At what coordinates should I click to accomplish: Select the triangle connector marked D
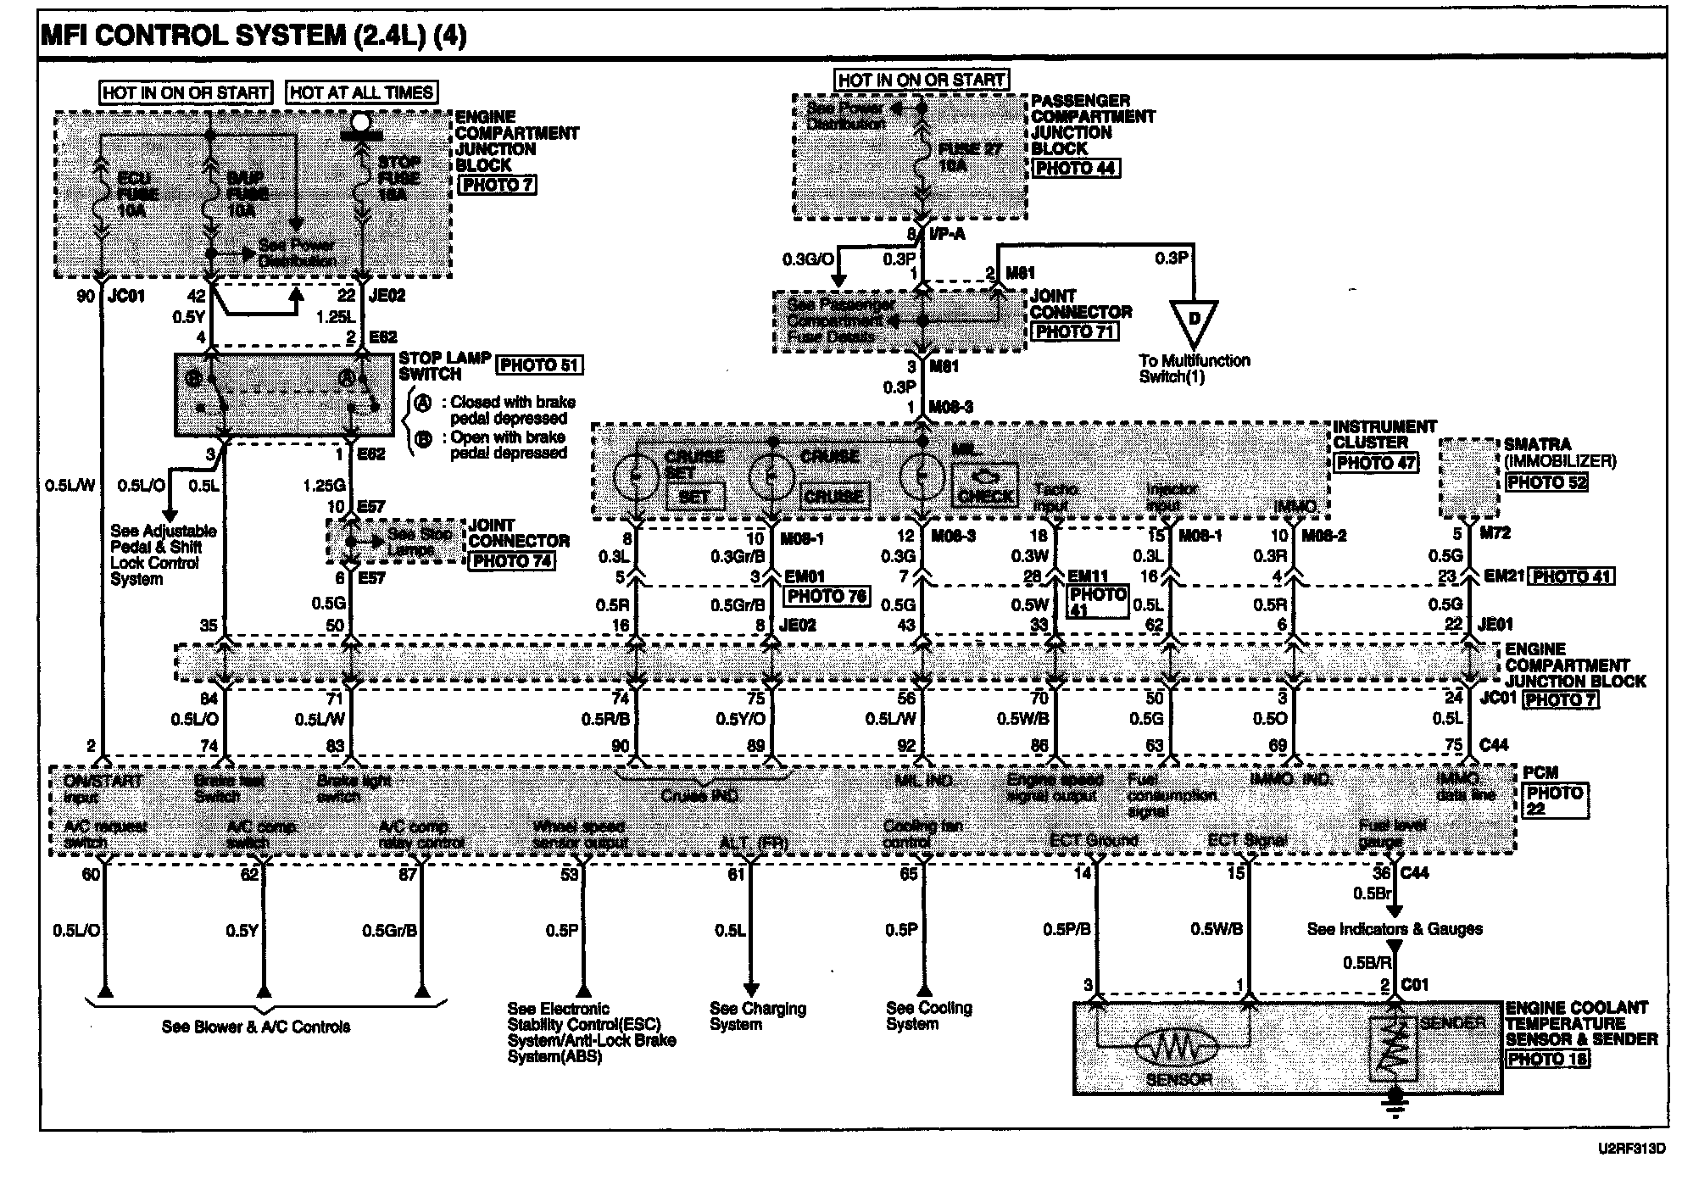pyautogui.click(x=1194, y=320)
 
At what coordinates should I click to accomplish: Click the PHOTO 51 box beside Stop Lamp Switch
pyautogui.click(x=540, y=365)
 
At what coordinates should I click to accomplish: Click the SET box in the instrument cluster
pyautogui.click(x=693, y=496)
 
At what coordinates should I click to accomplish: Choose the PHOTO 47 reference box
pyautogui.click(x=1376, y=463)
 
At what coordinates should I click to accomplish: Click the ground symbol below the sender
pyautogui.click(x=1393, y=1103)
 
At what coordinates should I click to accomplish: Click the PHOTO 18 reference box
pyautogui.click(x=1548, y=1059)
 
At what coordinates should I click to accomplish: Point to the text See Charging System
pyautogui.click(x=757, y=1016)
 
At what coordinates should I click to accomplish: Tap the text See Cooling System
pyautogui.click(x=928, y=1016)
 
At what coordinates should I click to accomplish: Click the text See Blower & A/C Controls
pyautogui.click(x=256, y=1027)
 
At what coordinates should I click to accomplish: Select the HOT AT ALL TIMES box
pyautogui.click(x=362, y=92)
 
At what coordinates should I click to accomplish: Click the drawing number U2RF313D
pyautogui.click(x=1631, y=1149)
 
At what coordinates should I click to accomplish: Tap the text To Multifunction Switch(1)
pyautogui.click(x=1194, y=369)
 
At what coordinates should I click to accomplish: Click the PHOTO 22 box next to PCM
pyautogui.click(x=1555, y=800)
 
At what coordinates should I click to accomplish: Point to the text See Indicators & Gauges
pyautogui.click(x=1395, y=929)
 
